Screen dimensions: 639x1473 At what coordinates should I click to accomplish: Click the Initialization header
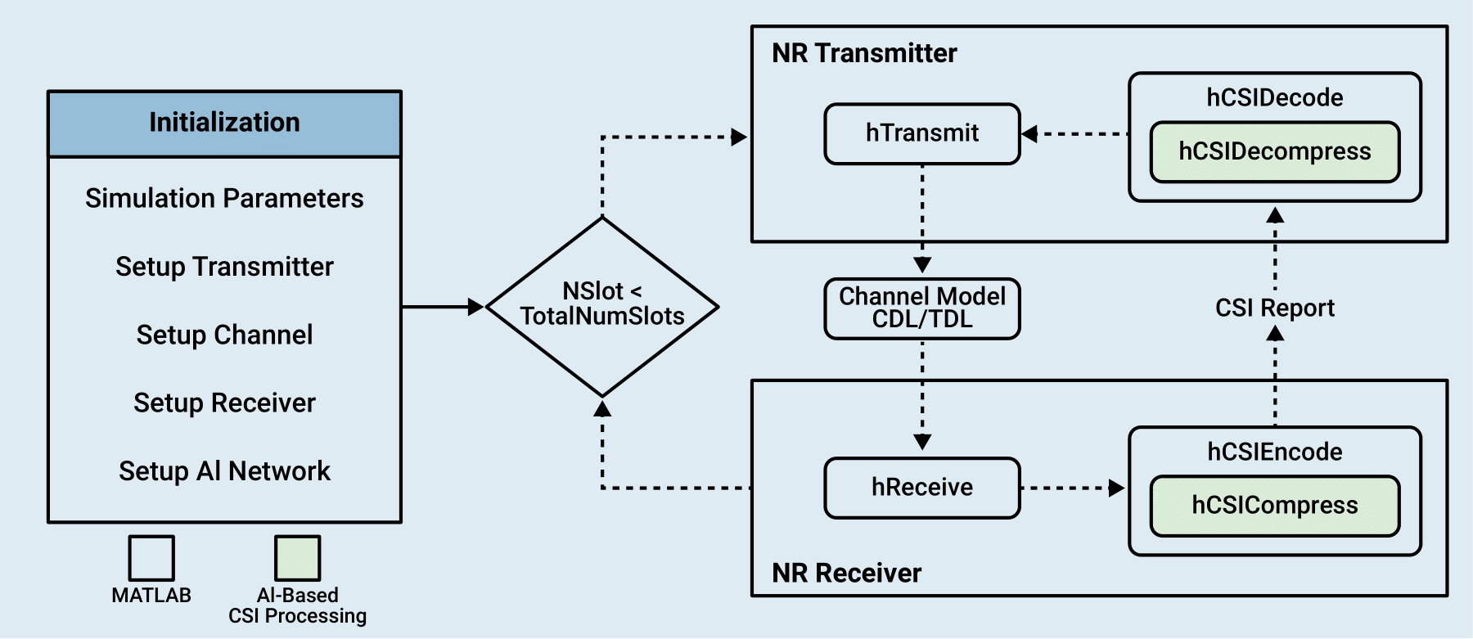coord(224,123)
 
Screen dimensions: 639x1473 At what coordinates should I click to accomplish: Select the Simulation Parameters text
coord(224,198)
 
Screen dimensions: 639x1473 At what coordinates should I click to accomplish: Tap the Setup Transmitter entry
coord(224,267)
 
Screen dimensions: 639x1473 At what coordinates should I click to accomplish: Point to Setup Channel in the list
coord(224,335)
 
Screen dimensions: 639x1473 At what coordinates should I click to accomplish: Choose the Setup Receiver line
coord(224,403)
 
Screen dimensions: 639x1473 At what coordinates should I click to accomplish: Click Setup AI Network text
coord(224,471)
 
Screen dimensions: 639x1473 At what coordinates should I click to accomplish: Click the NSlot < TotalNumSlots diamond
coord(602,306)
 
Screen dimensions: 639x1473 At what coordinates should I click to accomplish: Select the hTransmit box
coord(922,133)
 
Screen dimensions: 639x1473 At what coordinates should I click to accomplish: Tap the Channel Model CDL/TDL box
coord(922,308)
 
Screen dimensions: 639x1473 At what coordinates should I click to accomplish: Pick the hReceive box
coord(922,488)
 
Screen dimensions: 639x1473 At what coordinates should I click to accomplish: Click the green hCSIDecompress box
coord(1274,152)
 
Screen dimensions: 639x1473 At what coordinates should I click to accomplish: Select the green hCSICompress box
coord(1274,506)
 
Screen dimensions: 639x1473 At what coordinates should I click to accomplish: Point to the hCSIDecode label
coord(1274,98)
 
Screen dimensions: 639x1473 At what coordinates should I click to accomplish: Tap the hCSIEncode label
coord(1274,452)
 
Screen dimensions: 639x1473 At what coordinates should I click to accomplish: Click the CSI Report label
coord(1274,308)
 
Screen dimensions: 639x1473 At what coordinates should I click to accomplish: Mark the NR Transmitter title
coord(864,53)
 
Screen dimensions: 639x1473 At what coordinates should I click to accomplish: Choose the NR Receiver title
coord(846,573)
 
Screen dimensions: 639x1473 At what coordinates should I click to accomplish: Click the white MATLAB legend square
coord(151,558)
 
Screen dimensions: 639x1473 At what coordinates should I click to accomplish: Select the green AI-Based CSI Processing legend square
coord(297,558)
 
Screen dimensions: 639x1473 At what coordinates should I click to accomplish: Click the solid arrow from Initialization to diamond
coord(442,307)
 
